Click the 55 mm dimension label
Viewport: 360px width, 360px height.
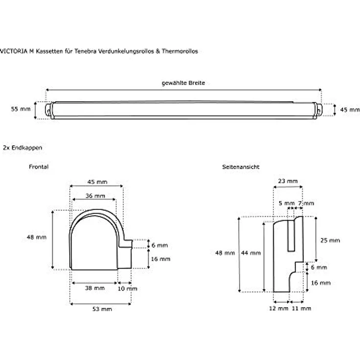[x=21, y=109]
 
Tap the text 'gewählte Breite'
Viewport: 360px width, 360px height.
[x=183, y=83]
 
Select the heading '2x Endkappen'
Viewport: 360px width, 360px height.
[x=22, y=148]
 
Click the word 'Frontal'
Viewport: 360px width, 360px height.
[x=39, y=167]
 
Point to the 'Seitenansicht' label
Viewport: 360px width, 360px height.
[x=241, y=167]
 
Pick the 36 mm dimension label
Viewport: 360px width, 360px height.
[x=95, y=196]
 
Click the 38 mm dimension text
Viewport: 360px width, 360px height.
[x=94, y=288]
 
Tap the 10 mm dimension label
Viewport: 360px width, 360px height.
[x=128, y=289]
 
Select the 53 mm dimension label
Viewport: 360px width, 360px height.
[x=102, y=309]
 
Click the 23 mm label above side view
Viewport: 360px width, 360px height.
[x=288, y=181]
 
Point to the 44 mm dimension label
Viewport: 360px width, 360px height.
[x=251, y=253]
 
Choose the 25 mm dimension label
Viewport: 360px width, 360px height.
[x=330, y=240]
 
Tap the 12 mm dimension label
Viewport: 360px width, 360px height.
[x=278, y=308]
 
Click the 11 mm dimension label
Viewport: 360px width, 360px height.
[x=301, y=308]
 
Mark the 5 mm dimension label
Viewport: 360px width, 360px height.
[x=287, y=203]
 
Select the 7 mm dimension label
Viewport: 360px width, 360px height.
[x=306, y=203]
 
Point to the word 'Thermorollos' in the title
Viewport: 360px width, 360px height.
[x=180, y=51]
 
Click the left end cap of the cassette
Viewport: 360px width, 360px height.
[x=49, y=111]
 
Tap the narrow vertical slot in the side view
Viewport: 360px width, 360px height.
[x=291, y=236]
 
